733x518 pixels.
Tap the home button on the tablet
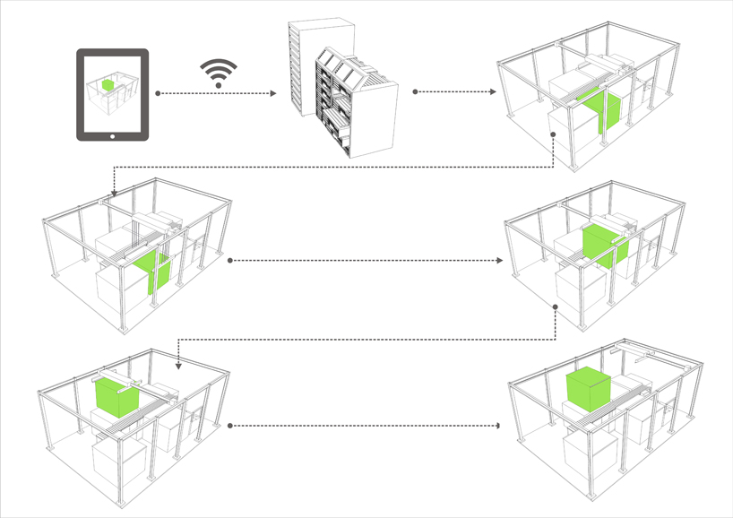tap(112, 136)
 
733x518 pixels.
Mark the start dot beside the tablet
tap(158, 92)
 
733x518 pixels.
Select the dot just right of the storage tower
tap(415, 91)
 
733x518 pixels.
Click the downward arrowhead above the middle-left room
tap(114, 192)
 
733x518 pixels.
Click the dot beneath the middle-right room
tap(556, 307)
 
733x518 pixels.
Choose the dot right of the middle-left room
tap(231, 261)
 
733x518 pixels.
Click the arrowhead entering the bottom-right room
tap(498, 425)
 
